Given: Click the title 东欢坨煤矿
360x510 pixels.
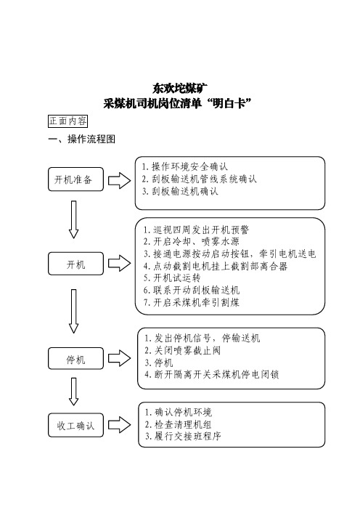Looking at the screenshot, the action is (x=180, y=88).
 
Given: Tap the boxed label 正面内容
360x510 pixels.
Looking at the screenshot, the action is (x=68, y=121).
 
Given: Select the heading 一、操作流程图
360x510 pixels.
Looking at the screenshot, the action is (x=81, y=139).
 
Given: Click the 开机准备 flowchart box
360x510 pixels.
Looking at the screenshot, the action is (x=75, y=179).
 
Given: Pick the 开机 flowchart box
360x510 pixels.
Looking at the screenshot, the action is (x=75, y=264).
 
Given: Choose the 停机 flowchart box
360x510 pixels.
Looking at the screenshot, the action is (x=75, y=358).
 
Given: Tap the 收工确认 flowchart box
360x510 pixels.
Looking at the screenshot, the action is (x=75, y=425).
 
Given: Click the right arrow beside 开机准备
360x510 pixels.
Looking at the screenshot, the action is (x=119, y=180).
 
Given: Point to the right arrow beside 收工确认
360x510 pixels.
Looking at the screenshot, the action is (x=119, y=425).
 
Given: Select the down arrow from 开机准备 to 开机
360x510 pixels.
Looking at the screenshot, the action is (x=74, y=219).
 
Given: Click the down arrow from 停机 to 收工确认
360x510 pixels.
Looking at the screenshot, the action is (x=74, y=392).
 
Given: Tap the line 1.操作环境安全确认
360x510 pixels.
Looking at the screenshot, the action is (x=185, y=166).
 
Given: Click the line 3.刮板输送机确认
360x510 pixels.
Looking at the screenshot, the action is (x=180, y=191).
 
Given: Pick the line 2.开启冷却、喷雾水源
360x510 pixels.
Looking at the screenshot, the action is (x=192, y=241).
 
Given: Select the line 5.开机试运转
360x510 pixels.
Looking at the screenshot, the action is (x=172, y=278).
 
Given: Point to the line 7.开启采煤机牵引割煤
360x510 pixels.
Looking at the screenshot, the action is (x=192, y=302).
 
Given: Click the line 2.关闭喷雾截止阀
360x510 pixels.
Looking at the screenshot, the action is (x=183, y=350).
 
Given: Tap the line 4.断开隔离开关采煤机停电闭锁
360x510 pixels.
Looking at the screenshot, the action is (x=212, y=374).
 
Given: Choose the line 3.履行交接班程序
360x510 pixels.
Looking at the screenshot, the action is (x=183, y=436).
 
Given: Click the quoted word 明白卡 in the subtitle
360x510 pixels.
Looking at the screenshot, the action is (x=229, y=104).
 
